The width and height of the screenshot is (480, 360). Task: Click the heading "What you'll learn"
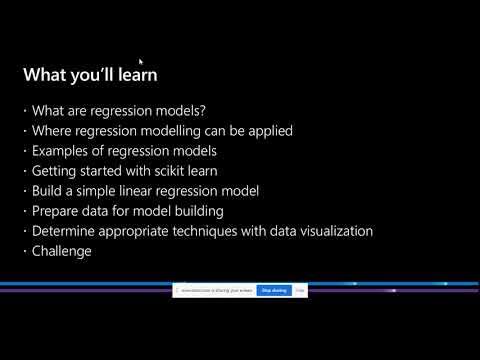tap(90, 75)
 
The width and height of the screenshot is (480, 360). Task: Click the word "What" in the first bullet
tap(48, 111)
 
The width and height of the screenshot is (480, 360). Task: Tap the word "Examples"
tap(61, 151)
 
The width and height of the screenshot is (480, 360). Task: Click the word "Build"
tap(47, 191)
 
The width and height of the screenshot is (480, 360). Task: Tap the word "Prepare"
tap(56, 211)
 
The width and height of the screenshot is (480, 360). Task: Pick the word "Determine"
tap(67, 231)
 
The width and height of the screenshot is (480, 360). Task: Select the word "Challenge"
tap(63, 251)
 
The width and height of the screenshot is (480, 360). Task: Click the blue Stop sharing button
tap(273, 290)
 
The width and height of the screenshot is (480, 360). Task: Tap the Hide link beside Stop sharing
tap(299, 290)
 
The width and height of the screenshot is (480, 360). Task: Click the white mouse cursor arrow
tap(141, 62)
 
